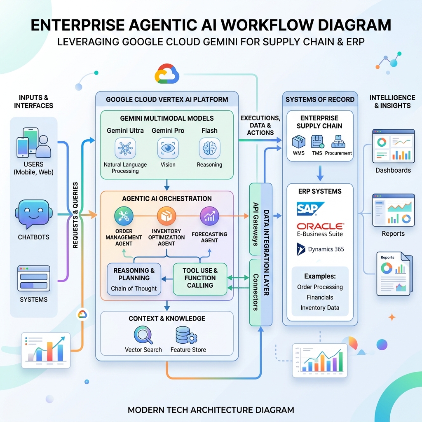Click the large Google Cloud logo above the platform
tap(167, 74)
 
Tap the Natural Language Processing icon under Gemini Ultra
tap(125, 148)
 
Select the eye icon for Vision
tap(168, 148)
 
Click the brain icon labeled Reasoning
tap(210, 148)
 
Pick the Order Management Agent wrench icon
tap(124, 216)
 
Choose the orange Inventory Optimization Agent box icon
tap(166, 216)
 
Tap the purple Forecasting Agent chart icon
tap(209, 216)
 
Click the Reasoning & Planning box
tap(134, 279)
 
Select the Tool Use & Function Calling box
tap(200, 279)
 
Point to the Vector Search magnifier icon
tap(143, 335)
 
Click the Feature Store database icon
tap(186, 335)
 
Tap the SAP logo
tap(311, 209)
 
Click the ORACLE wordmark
tap(320, 226)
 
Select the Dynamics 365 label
tap(326, 249)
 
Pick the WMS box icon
tap(299, 142)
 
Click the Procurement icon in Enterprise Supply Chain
tap(338, 142)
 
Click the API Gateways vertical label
tap(256, 224)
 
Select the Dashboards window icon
tap(393, 146)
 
